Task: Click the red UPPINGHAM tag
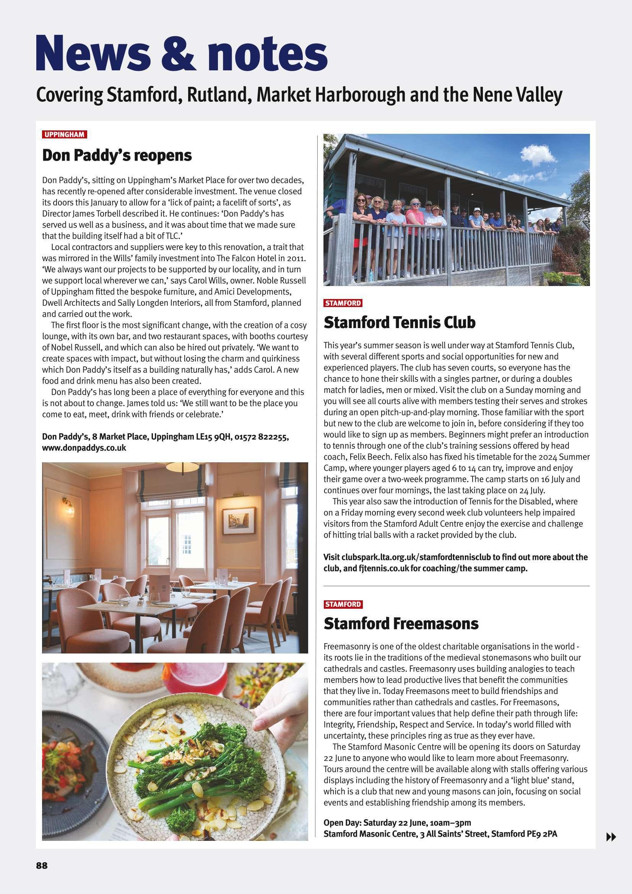tap(64, 135)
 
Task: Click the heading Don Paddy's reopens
tap(117, 155)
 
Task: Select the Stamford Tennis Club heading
tap(400, 322)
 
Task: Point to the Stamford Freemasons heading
tap(401, 623)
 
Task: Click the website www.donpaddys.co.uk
tap(84, 448)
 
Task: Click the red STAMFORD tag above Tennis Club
tap(343, 303)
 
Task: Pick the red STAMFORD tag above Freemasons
tap(343, 604)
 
